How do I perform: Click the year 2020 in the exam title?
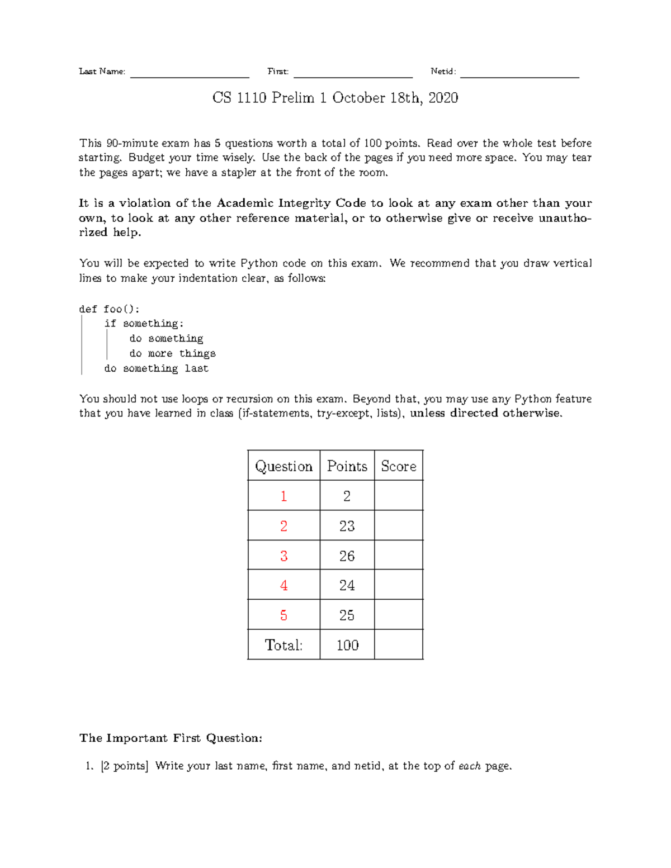443,98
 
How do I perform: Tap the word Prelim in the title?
293,98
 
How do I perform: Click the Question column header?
283,466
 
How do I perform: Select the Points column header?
347,466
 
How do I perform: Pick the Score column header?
398,466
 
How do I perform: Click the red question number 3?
283,556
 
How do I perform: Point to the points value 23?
347,526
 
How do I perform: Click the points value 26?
347,556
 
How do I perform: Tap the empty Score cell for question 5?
398,615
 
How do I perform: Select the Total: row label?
283,645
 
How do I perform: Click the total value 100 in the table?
347,645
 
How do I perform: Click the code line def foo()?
110,309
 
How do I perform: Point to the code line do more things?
172,353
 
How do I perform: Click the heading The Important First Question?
171,738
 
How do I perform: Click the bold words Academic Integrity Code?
291,203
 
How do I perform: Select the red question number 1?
283,496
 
